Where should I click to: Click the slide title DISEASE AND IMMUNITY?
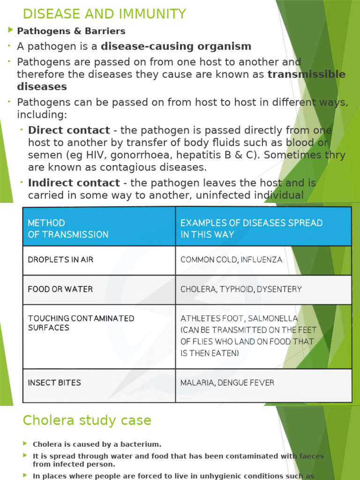[105, 14]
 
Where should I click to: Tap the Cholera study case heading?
[87, 420]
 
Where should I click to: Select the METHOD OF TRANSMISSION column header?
[68, 228]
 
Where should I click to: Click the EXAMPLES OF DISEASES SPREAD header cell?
[251, 228]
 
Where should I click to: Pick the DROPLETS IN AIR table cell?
[60, 259]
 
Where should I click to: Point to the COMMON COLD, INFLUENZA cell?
[231, 259]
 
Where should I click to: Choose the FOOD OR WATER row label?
[60, 289]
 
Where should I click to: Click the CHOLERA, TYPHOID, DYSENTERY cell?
[241, 289]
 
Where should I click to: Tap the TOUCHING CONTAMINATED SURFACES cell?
[81, 323]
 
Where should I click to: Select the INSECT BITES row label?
[54, 382]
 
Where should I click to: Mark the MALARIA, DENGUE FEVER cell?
[227, 382]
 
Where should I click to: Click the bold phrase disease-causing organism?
[176, 46]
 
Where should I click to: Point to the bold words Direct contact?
[69, 130]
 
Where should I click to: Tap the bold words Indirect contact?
[74, 183]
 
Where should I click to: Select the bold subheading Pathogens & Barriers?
[71, 31]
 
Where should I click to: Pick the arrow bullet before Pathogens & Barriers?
[11, 31]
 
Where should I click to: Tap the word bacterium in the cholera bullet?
[141, 444]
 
